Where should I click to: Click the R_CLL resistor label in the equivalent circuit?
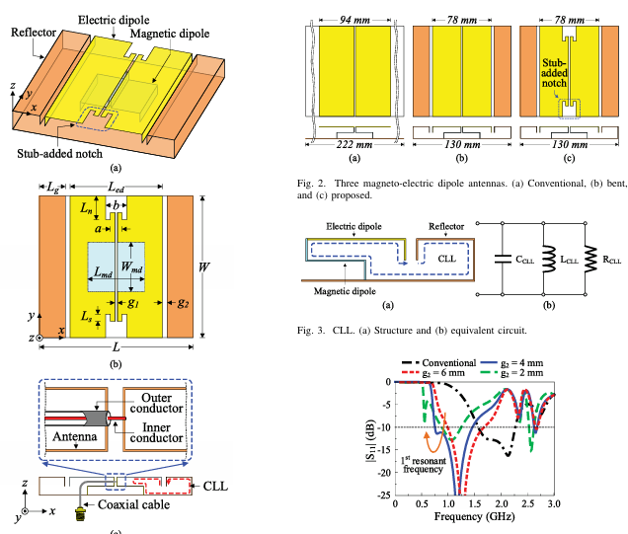tap(604, 262)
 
